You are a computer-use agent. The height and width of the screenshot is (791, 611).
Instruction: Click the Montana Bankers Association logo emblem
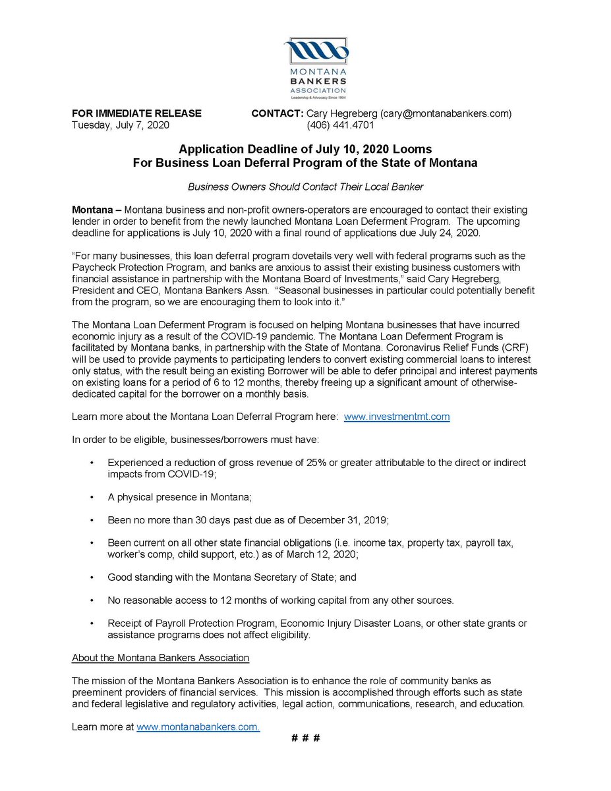pos(315,51)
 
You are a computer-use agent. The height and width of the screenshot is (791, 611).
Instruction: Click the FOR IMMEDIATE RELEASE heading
pos(136,113)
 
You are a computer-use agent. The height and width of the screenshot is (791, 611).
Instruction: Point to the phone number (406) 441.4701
pos(337,125)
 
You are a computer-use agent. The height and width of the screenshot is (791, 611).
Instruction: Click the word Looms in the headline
pos(416,149)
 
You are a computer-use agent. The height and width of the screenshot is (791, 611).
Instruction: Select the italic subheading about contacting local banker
pos(305,187)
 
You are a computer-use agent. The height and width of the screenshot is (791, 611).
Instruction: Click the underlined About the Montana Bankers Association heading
pos(160,657)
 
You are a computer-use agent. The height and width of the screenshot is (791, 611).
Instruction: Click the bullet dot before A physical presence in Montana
pos(92,497)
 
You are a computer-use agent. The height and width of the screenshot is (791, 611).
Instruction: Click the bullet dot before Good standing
pos(92,577)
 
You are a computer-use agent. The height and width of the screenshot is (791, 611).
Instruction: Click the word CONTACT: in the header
pos(277,113)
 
